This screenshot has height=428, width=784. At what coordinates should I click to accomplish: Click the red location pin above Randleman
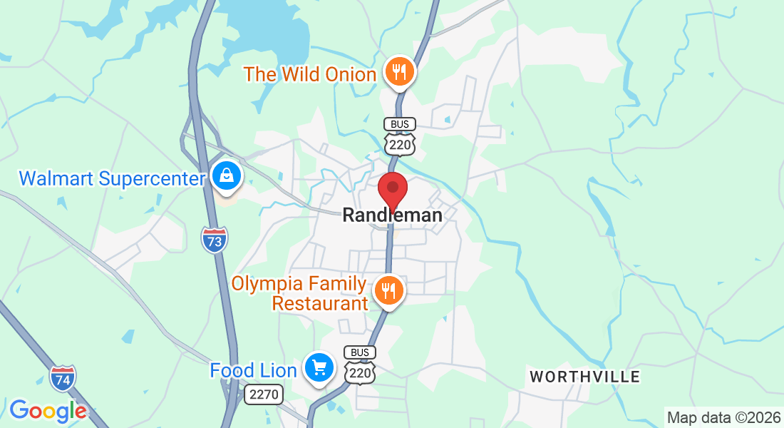pos(392,190)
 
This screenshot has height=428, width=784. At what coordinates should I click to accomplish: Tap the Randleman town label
pos(392,215)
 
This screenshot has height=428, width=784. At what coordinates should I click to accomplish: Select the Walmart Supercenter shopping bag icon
pos(227,175)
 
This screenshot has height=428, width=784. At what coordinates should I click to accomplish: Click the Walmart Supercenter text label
pos(112,178)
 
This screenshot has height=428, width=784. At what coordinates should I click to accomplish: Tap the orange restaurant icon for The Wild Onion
pos(400,71)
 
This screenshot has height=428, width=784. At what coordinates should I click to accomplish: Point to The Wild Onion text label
pos(310,74)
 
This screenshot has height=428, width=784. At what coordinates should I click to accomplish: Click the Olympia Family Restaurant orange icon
pos(388,290)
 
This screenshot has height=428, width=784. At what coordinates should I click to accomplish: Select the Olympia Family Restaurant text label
pos(299,294)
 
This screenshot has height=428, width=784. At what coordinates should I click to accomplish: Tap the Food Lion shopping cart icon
pos(319,368)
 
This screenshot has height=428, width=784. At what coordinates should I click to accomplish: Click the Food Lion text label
pos(253,371)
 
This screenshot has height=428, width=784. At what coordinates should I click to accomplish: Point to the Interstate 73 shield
pos(215,240)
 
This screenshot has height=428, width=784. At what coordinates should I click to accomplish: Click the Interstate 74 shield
pos(63,377)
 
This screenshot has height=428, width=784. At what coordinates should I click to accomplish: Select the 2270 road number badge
pos(264,394)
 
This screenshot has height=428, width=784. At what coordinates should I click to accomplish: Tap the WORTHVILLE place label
pos(584,376)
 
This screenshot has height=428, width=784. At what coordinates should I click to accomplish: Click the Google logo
pos(48,411)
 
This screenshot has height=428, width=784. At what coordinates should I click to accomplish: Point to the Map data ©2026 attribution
pos(723,417)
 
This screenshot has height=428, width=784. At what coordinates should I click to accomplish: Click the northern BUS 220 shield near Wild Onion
pos(400,136)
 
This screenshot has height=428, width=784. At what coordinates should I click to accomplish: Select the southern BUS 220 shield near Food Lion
pos(360,365)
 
